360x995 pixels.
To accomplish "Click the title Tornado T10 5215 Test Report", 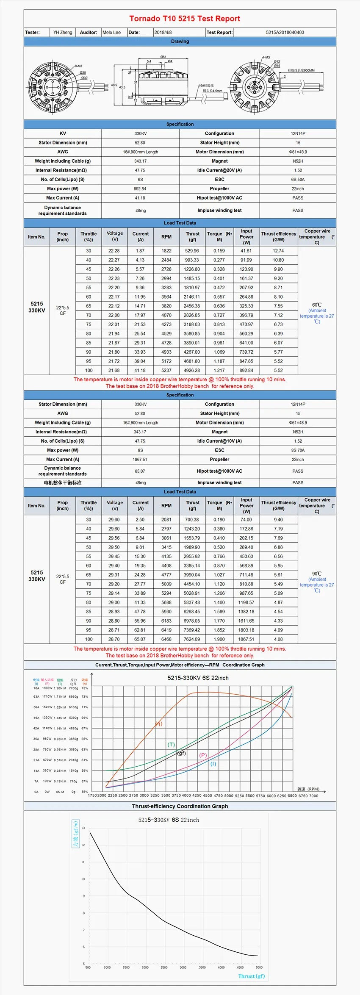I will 185,19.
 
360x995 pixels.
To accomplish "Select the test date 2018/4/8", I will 163,32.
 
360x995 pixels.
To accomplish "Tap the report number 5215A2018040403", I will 285,32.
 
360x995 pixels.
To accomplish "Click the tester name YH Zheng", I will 63,32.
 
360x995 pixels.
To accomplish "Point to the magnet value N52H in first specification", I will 298,161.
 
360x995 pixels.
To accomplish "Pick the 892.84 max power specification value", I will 140,189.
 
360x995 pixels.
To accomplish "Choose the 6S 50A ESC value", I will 298,180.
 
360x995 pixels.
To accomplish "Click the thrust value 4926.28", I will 192,370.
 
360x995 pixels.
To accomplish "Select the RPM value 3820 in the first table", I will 166,306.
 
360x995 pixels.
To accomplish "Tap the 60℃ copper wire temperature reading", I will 317,305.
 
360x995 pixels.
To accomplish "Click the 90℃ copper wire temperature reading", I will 317,574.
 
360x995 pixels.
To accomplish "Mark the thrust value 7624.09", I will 192,639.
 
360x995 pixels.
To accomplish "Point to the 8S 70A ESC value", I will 298,450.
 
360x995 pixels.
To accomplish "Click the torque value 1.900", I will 219,639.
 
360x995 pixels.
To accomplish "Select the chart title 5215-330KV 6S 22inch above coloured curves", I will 198,678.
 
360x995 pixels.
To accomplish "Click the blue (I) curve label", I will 213,764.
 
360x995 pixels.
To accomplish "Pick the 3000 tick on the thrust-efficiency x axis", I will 183,967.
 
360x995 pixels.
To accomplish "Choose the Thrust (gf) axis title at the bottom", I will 251,976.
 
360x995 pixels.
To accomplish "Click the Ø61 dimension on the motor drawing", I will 163,57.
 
